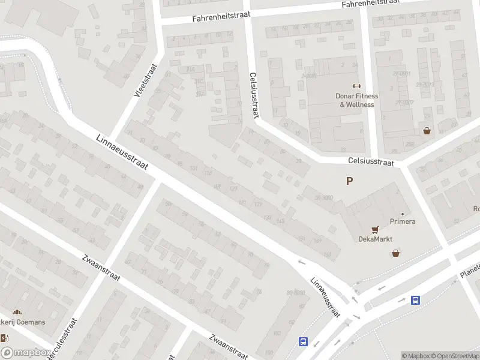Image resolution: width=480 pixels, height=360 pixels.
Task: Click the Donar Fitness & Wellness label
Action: point(356,100)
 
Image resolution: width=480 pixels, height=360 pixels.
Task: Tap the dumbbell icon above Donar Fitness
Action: point(356,86)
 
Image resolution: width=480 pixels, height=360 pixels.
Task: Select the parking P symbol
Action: point(349,181)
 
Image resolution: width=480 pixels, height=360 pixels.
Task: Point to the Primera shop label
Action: point(403,221)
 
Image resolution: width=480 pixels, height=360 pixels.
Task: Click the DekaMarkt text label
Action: point(376,239)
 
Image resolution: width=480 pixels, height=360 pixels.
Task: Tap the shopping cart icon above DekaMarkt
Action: point(376,229)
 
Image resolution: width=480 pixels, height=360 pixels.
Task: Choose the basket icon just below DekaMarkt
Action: point(396,253)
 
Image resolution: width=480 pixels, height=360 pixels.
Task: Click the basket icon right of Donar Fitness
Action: point(427,130)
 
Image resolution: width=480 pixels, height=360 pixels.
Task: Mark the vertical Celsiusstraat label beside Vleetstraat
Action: point(254,95)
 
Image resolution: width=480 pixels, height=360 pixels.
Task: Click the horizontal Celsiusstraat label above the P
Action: point(371,162)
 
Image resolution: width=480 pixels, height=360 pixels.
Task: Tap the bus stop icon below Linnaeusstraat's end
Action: point(304,342)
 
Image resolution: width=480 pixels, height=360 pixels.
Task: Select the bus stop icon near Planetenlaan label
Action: point(415,300)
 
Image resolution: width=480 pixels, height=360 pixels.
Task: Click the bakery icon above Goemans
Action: point(17,312)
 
